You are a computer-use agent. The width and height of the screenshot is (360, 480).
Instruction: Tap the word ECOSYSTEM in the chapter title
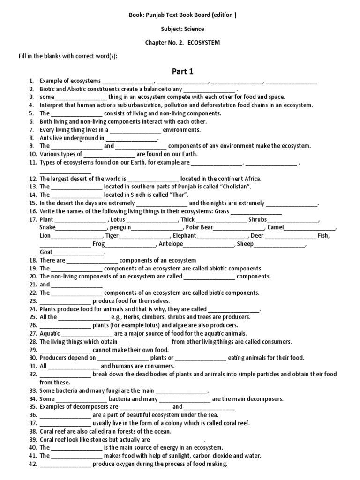click(x=204, y=42)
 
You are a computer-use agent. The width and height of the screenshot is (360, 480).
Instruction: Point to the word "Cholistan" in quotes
click(x=238, y=187)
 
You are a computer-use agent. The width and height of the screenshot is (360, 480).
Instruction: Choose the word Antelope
click(x=171, y=244)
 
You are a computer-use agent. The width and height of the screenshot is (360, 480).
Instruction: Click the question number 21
click(x=32, y=285)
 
